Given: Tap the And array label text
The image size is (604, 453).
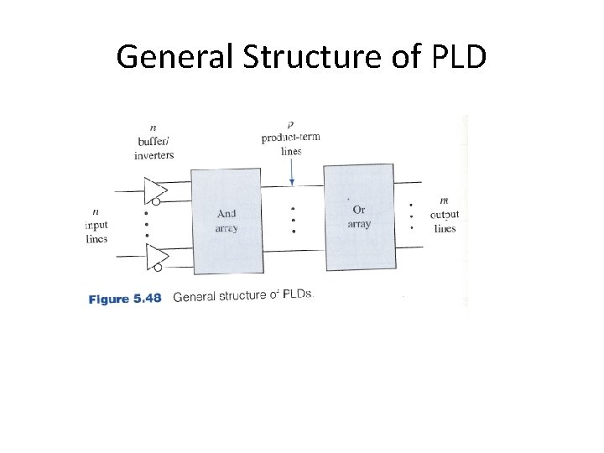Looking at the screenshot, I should pos(226,220).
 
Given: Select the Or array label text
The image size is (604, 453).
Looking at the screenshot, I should pos(358,216).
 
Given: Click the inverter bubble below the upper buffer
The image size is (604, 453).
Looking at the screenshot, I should pos(156,202).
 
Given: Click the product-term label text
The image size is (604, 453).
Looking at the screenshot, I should pos(290,138).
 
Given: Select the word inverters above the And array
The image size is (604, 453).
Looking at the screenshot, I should pos(154,155).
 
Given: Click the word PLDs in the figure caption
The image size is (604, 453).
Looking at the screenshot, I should pos(297,296).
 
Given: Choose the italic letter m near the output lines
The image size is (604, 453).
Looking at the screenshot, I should pos(443,200).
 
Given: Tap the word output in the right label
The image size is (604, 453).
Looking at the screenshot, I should pos(445,215).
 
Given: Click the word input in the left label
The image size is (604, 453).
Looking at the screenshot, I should pos(97,225).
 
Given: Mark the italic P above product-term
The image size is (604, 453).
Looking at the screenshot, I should pos(290,125).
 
